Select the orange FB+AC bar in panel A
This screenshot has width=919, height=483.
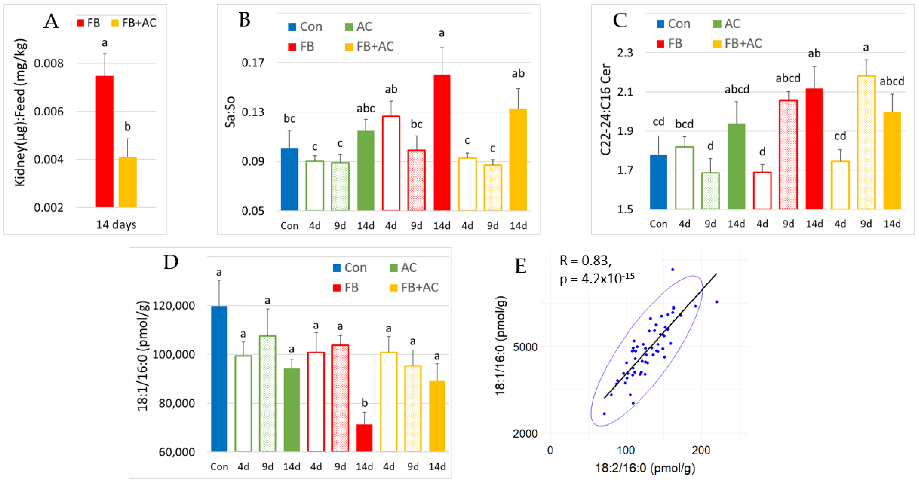click(x=127, y=182)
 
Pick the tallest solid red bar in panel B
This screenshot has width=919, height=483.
click(x=442, y=143)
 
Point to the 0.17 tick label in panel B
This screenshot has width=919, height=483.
click(x=253, y=63)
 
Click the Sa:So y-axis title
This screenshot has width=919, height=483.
click(x=230, y=112)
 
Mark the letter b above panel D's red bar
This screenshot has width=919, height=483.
click(x=364, y=403)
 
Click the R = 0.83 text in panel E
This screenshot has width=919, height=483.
click(x=585, y=261)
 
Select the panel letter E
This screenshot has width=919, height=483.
click(x=520, y=266)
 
